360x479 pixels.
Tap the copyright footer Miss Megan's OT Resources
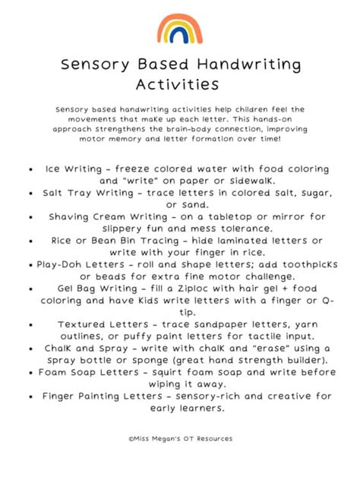click(180, 439)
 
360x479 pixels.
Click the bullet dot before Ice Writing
click(29, 169)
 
